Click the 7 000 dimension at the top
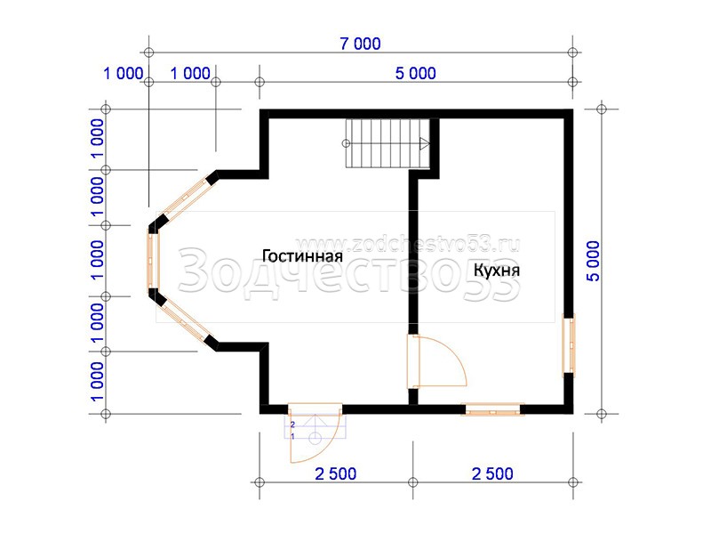click(361, 44)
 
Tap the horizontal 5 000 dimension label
click(415, 73)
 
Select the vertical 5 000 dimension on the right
click(593, 261)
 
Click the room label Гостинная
click(302, 256)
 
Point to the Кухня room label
click(497, 271)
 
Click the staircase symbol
click(387, 143)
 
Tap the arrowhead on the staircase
click(425, 144)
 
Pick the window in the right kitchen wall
click(569, 345)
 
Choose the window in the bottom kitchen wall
click(492, 409)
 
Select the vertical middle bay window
click(153, 261)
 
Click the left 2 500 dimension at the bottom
click(336, 473)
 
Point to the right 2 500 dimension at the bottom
click(492, 473)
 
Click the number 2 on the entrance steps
click(292, 425)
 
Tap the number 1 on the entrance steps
click(292, 436)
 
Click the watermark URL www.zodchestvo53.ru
click(407, 245)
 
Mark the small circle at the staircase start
click(346, 144)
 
